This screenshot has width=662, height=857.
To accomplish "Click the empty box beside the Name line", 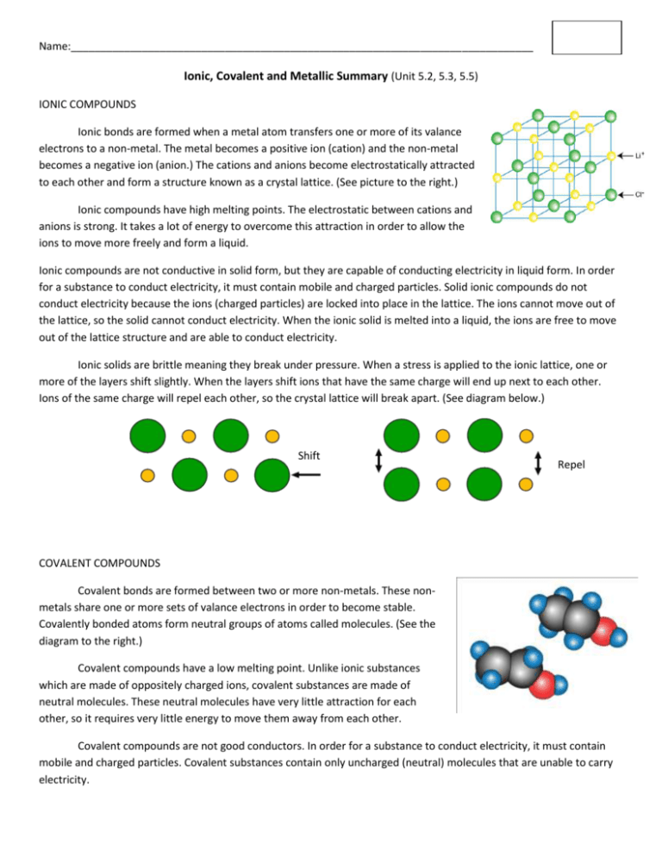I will [586, 38].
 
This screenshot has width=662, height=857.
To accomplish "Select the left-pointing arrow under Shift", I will [310, 474].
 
